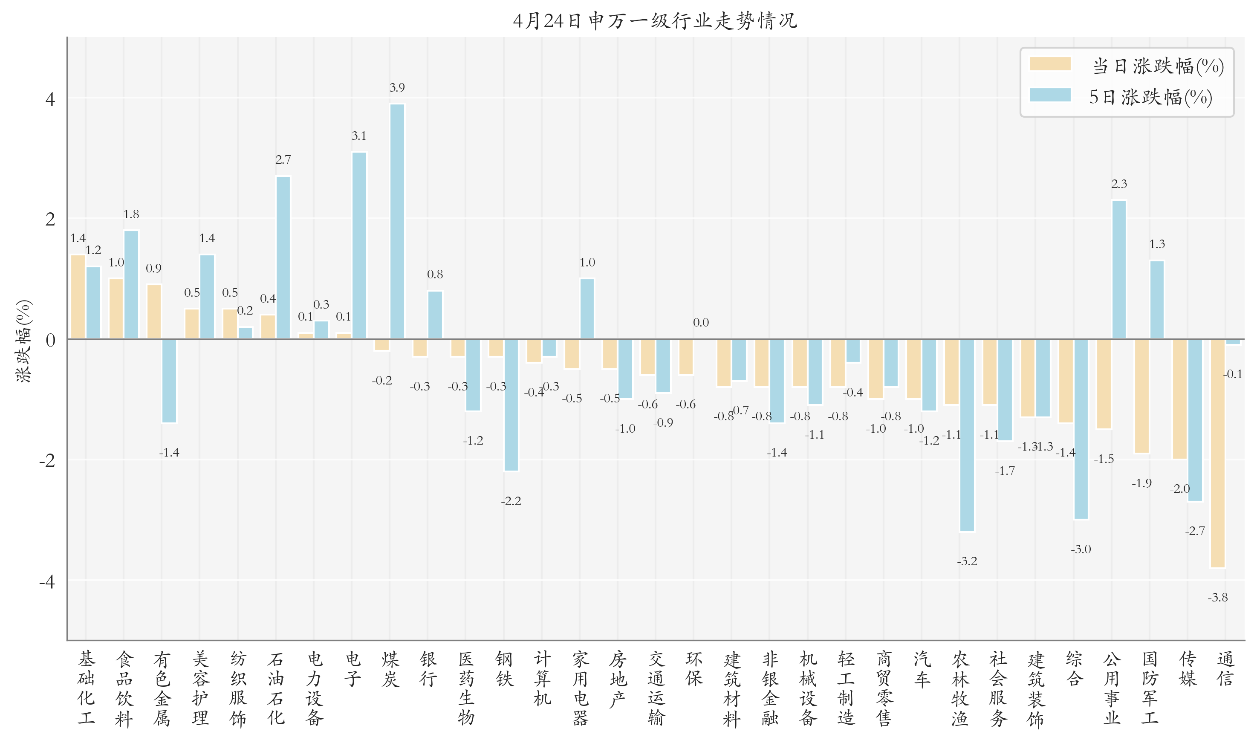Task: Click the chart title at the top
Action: click(x=655, y=20)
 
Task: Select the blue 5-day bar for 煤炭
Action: click(x=397, y=221)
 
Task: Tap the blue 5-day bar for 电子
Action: click(x=359, y=246)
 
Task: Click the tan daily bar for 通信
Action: click(x=1217, y=453)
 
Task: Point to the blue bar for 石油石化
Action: click(x=283, y=257)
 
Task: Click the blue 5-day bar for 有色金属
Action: click(x=169, y=381)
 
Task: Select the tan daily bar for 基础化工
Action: click(x=78, y=296)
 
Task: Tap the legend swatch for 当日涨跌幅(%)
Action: click(x=1050, y=64)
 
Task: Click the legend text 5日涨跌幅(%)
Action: click(x=1150, y=97)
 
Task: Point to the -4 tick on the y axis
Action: click(x=48, y=581)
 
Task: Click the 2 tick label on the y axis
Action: click(x=50, y=219)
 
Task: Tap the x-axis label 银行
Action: click(x=428, y=668)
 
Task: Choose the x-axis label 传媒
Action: click(x=1188, y=668)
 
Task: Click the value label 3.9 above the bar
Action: click(x=397, y=88)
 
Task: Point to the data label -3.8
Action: click(x=1217, y=597)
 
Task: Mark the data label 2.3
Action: click(x=1119, y=184)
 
